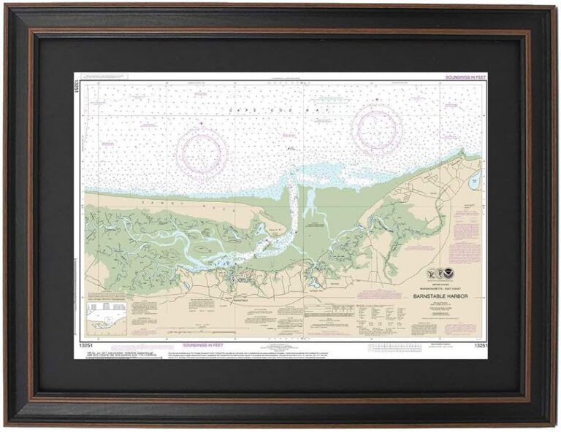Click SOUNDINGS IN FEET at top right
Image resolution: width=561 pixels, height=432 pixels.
(x=465, y=77)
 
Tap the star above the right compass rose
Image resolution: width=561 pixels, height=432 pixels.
(x=377, y=99)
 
